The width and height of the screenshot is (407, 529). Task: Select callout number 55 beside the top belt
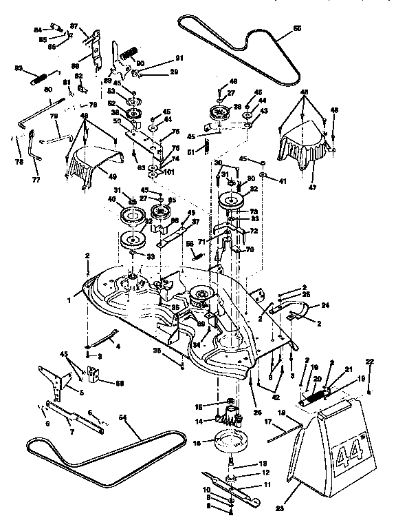tap(297, 28)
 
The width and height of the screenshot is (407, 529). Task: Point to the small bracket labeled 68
tap(96, 376)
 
